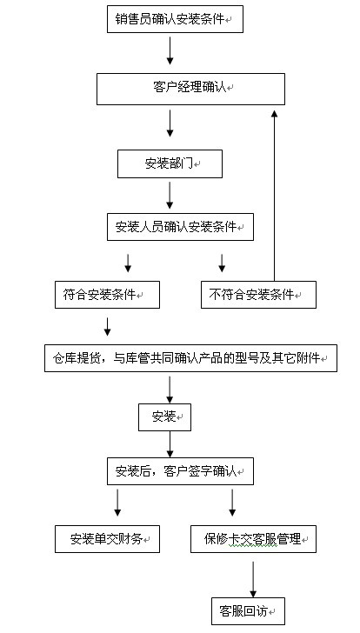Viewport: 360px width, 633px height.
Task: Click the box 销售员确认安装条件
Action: tap(175, 19)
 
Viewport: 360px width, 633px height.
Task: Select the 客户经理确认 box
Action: tap(190, 89)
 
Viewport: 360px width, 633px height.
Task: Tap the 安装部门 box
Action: tap(170, 163)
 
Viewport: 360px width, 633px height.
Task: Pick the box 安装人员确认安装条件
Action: tap(180, 227)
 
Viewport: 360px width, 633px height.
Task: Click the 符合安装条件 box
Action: tap(107, 295)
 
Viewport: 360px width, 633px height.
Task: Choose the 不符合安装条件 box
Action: tap(258, 295)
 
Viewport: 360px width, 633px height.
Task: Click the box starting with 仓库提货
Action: tap(190, 358)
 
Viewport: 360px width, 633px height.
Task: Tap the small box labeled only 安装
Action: tap(164, 417)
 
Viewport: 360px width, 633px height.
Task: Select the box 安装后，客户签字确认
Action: tap(180, 471)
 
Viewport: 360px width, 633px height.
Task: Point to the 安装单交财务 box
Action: tap(107, 539)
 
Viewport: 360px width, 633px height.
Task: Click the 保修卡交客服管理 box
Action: tap(253, 539)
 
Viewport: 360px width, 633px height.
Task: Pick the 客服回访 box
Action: tap(248, 611)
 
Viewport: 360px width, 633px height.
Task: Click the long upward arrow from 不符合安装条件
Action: tap(275, 196)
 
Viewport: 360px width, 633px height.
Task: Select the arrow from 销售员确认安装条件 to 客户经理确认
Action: tap(170, 50)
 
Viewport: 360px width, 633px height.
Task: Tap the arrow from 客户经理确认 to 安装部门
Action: tap(170, 123)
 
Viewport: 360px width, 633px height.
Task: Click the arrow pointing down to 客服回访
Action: tap(253, 579)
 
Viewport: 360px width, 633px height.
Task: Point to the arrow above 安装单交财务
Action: tap(117, 503)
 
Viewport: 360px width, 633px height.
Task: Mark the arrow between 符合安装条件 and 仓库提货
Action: tap(107, 327)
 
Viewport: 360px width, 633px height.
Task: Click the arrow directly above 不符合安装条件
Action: tap(222, 263)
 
